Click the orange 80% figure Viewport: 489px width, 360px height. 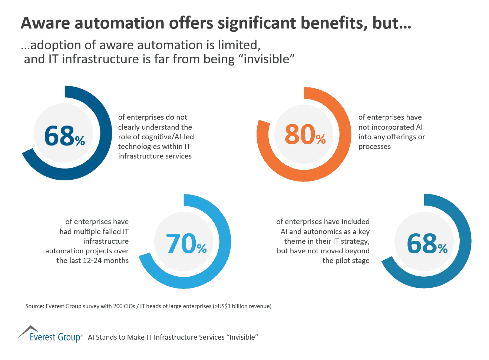(x=304, y=134)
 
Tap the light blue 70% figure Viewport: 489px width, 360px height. (x=186, y=243)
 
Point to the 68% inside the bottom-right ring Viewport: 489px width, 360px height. (x=426, y=243)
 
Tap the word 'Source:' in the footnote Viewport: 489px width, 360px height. (x=34, y=306)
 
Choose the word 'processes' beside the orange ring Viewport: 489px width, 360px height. (x=374, y=147)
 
